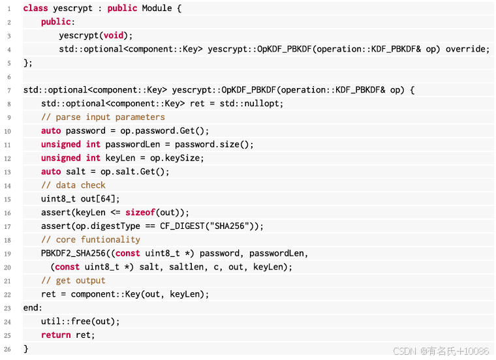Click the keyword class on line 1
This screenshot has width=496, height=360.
click(x=36, y=8)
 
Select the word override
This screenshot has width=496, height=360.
click(x=467, y=49)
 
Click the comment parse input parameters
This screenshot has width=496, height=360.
click(x=103, y=117)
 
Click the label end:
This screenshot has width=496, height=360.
click(x=33, y=308)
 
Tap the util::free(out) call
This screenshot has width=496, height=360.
click(x=80, y=322)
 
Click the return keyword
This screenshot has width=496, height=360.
click(x=55, y=335)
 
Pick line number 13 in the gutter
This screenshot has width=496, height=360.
click(x=8, y=172)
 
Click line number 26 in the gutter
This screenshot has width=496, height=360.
click(x=8, y=349)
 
